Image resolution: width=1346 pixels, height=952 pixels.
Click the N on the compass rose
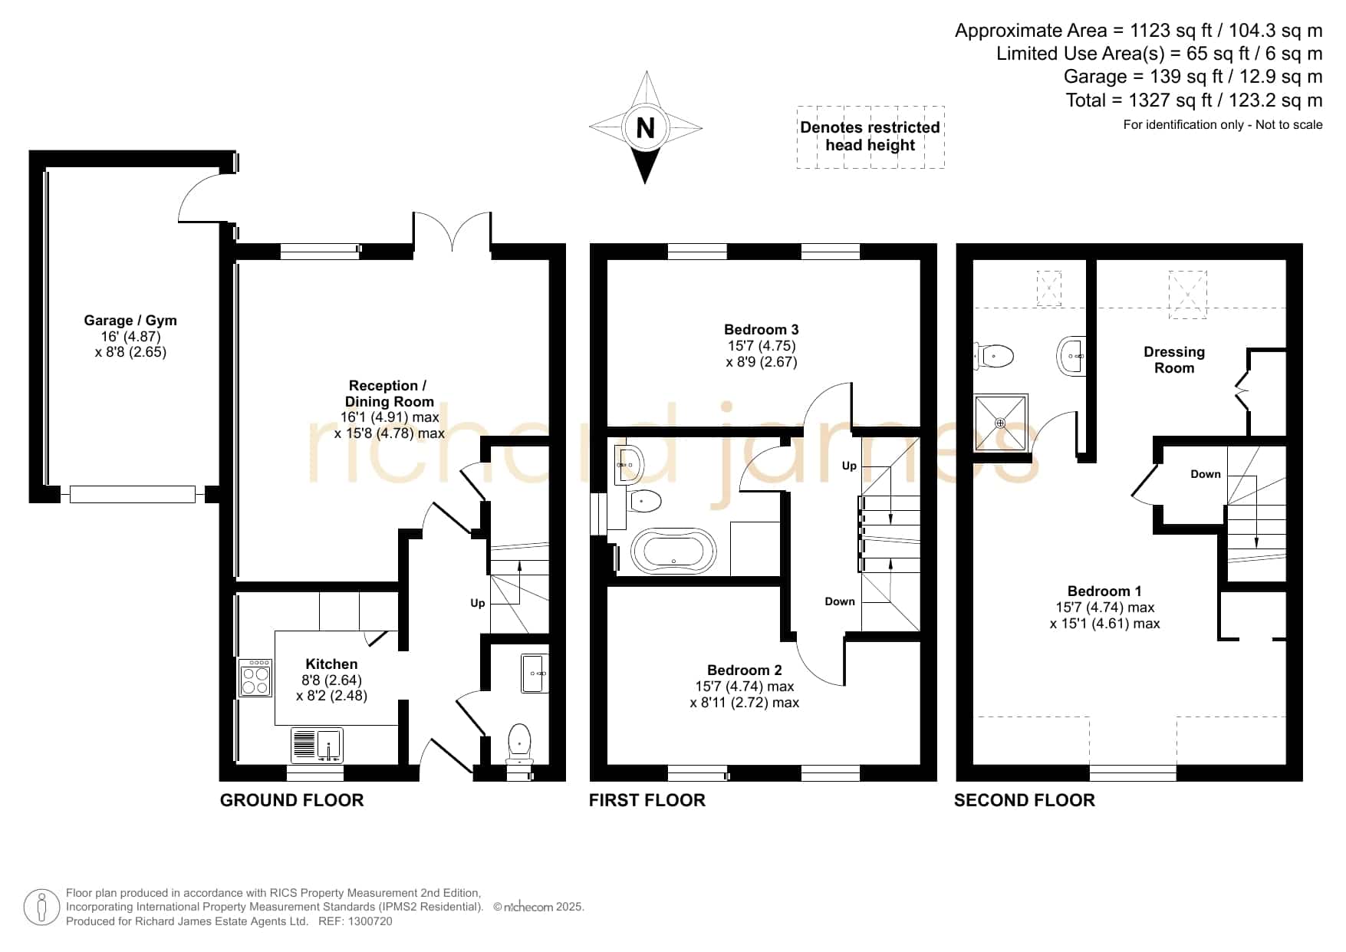click(x=646, y=127)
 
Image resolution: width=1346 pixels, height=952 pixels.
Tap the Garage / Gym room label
click(x=130, y=321)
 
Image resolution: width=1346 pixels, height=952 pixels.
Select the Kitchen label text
click(x=331, y=664)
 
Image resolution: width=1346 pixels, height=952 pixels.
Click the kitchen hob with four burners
click(x=255, y=677)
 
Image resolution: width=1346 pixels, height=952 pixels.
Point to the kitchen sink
click(x=317, y=745)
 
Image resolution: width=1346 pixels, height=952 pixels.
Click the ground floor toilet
click(x=519, y=742)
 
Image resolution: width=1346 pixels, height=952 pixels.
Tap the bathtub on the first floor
click(x=673, y=551)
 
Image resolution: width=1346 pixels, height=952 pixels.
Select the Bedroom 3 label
click(x=762, y=330)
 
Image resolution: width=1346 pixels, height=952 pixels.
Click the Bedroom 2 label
click(x=745, y=670)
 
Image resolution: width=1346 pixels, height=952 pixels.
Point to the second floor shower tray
click(x=1000, y=423)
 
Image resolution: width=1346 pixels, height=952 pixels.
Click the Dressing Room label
click(x=1174, y=360)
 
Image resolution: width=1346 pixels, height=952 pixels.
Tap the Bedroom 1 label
click(x=1104, y=591)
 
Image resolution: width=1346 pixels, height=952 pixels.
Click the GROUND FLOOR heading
click(x=291, y=800)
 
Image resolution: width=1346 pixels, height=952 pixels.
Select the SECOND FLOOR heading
click(x=1025, y=800)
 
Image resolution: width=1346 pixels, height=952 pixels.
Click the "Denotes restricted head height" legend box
click(x=870, y=137)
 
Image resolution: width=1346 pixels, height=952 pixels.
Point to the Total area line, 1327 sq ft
click(x=1194, y=100)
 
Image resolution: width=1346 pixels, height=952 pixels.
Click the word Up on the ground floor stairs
click(x=478, y=604)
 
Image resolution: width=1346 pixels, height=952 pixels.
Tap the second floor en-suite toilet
click(x=994, y=356)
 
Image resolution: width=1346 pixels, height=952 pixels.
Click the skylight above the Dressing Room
click(x=1187, y=294)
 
